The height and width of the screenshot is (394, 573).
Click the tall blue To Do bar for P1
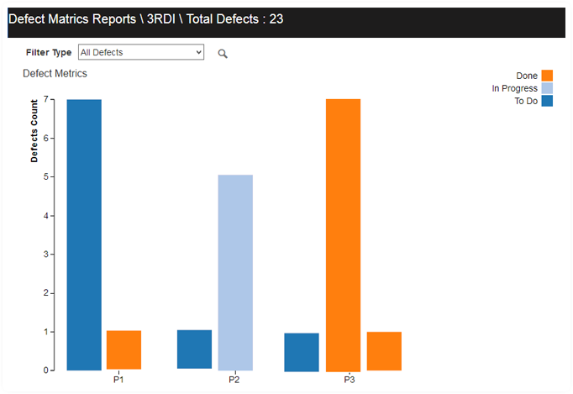84,234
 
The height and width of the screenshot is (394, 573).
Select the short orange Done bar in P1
124,349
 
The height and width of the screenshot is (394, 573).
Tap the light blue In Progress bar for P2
234,272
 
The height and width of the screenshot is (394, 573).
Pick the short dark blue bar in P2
194,349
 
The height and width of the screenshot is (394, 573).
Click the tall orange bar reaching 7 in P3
343,234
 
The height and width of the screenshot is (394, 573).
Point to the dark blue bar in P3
302,352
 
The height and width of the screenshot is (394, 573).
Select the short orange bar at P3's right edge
384,351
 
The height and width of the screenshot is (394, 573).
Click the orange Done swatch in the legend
547,76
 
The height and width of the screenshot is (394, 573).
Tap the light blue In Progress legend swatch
547,88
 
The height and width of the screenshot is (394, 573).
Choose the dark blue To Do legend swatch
547,101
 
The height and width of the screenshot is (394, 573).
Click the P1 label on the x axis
118,381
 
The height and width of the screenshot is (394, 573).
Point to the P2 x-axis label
234,381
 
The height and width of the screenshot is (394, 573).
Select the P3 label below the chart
350,381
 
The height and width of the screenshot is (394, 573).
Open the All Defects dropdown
140,52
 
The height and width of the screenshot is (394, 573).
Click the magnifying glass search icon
223,54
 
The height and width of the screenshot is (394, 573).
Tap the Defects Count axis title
34,130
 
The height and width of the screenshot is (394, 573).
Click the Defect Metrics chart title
55,73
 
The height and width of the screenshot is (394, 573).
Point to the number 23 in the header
276,18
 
